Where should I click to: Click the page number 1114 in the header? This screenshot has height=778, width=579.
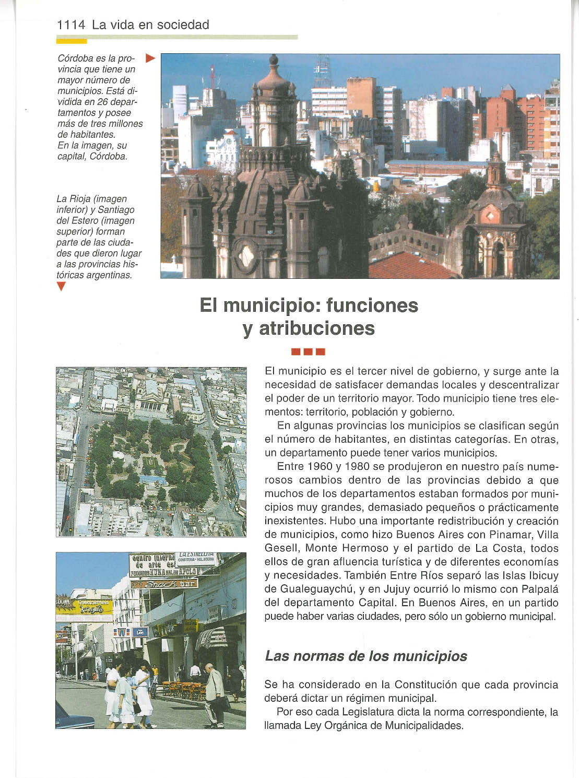tap(71, 25)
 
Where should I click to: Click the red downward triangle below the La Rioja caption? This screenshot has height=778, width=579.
tap(61, 286)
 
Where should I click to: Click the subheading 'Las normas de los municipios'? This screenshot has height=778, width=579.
tap(366, 656)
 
